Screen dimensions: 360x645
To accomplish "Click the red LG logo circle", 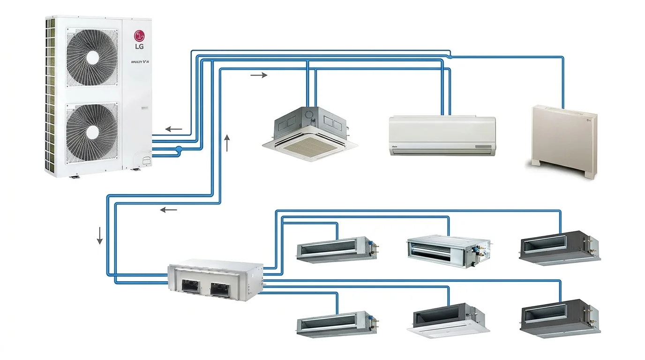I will pos(140,36).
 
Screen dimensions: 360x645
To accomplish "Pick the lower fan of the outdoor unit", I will pos(92,130).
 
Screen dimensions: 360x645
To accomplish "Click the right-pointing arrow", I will pos(259,75).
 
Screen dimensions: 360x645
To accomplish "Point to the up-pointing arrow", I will pos(228,142).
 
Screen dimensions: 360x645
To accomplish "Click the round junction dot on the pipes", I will pos(178,149).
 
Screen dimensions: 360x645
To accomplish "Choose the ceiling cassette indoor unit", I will pos(310,133).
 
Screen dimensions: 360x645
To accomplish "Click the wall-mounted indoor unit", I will pos(442,135).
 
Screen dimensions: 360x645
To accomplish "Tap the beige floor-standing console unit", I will pos(564,140).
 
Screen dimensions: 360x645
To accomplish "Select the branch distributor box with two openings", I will pos(216,280).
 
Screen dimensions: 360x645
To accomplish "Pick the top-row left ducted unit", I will pos(337,249).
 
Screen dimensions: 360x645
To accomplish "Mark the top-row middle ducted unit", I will pos(448,251).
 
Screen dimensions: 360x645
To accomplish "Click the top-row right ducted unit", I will pos(559,247).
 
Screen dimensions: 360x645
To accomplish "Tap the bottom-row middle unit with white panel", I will pos(448,322).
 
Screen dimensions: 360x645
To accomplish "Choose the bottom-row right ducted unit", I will pos(559,317).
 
